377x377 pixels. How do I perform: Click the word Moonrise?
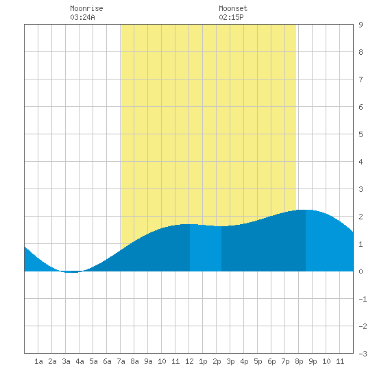pos(86,8)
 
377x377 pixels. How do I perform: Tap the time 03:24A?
pos(82,17)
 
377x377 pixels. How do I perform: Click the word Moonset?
pos(233,8)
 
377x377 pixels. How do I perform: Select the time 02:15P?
pos(231,17)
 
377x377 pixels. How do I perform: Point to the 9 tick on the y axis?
pos(361,25)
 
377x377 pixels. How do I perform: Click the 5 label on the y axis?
pos(361,134)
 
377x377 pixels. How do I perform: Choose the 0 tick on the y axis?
pos(361,271)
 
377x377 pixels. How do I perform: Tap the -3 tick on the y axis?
pos(363,354)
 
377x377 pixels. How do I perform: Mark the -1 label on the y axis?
pos(363,299)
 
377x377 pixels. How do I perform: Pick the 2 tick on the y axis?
pos(361,217)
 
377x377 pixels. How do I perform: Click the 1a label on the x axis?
pos(38,361)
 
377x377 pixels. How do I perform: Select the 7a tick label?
pos(121,361)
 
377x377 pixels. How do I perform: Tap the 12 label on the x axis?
pos(189,361)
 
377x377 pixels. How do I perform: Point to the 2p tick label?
pos(217,361)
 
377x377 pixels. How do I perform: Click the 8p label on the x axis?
pos(299,361)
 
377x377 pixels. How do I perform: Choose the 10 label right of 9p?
pos(326,361)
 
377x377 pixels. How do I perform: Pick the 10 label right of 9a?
pos(162,361)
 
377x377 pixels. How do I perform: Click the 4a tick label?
pos(80,361)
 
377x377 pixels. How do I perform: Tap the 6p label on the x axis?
pos(271,361)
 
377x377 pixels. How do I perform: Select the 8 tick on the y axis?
pos(361,52)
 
